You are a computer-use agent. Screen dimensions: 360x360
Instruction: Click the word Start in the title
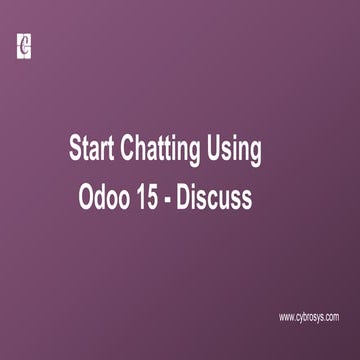(91, 151)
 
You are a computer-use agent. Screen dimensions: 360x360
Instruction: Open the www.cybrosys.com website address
(309, 317)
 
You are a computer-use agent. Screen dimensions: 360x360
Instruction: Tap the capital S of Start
(75, 151)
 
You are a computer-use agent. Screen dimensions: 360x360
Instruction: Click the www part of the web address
(287, 317)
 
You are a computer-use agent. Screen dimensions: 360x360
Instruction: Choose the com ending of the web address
(331, 317)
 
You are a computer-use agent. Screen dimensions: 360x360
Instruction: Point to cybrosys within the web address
(309, 317)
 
